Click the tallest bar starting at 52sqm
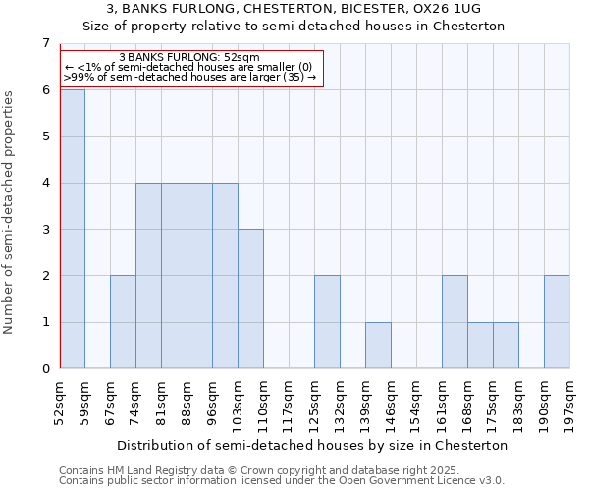click(x=73, y=229)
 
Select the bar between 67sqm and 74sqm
click(x=123, y=322)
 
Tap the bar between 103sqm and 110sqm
click(x=250, y=299)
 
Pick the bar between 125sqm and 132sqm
click(x=327, y=322)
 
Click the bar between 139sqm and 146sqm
click(x=378, y=346)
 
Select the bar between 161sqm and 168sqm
click(x=455, y=322)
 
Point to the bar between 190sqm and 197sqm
click(x=557, y=322)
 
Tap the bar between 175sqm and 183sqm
click(x=506, y=346)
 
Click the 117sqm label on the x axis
click(x=290, y=402)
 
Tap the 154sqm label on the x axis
click(x=417, y=402)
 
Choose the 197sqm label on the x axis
click(x=570, y=402)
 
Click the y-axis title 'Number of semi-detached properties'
click(x=10, y=212)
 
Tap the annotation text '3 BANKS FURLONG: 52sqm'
click(x=188, y=57)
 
